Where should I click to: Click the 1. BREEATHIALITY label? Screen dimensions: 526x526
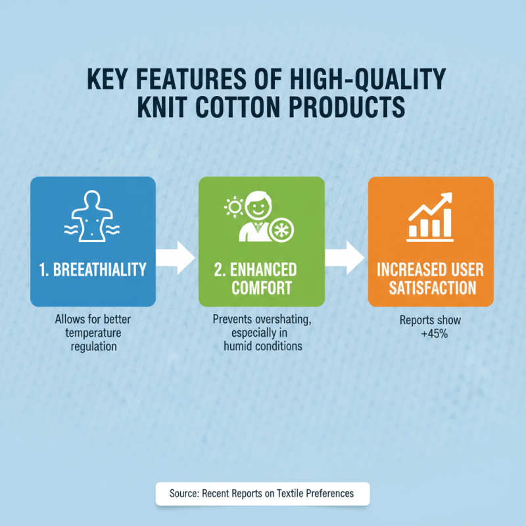[93, 270]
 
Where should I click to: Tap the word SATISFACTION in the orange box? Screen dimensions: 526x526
[431, 287]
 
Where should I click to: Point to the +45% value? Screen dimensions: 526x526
[431, 333]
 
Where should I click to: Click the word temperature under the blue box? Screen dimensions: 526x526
[93, 333]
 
